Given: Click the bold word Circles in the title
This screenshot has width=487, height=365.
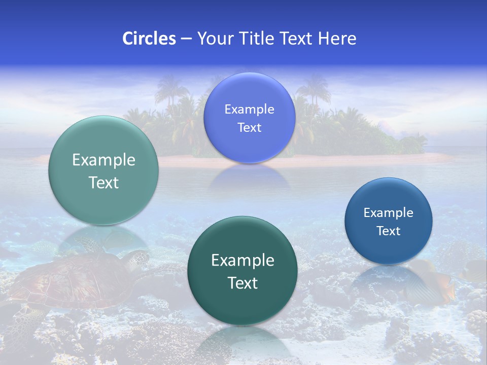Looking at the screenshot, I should [x=149, y=39].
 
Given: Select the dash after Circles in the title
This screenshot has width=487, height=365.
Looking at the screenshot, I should [x=186, y=39].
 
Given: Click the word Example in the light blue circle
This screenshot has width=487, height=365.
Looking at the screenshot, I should [x=249, y=109].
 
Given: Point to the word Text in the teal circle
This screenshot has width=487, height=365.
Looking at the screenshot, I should [x=103, y=182].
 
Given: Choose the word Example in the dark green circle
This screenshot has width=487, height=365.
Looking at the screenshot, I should [x=242, y=260].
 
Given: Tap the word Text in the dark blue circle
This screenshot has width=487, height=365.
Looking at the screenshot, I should [x=389, y=231].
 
